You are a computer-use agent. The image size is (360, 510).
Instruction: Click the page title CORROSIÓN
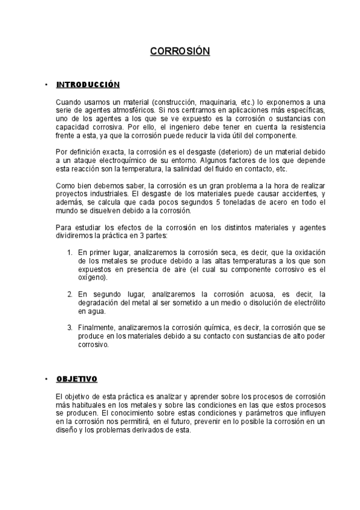(180, 52)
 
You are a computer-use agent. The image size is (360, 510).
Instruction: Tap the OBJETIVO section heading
(77, 379)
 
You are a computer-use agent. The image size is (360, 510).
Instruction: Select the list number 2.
(70, 294)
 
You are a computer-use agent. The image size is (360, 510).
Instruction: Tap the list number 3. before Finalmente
(70, 327)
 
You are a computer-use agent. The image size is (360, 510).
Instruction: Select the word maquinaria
(204, 102)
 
